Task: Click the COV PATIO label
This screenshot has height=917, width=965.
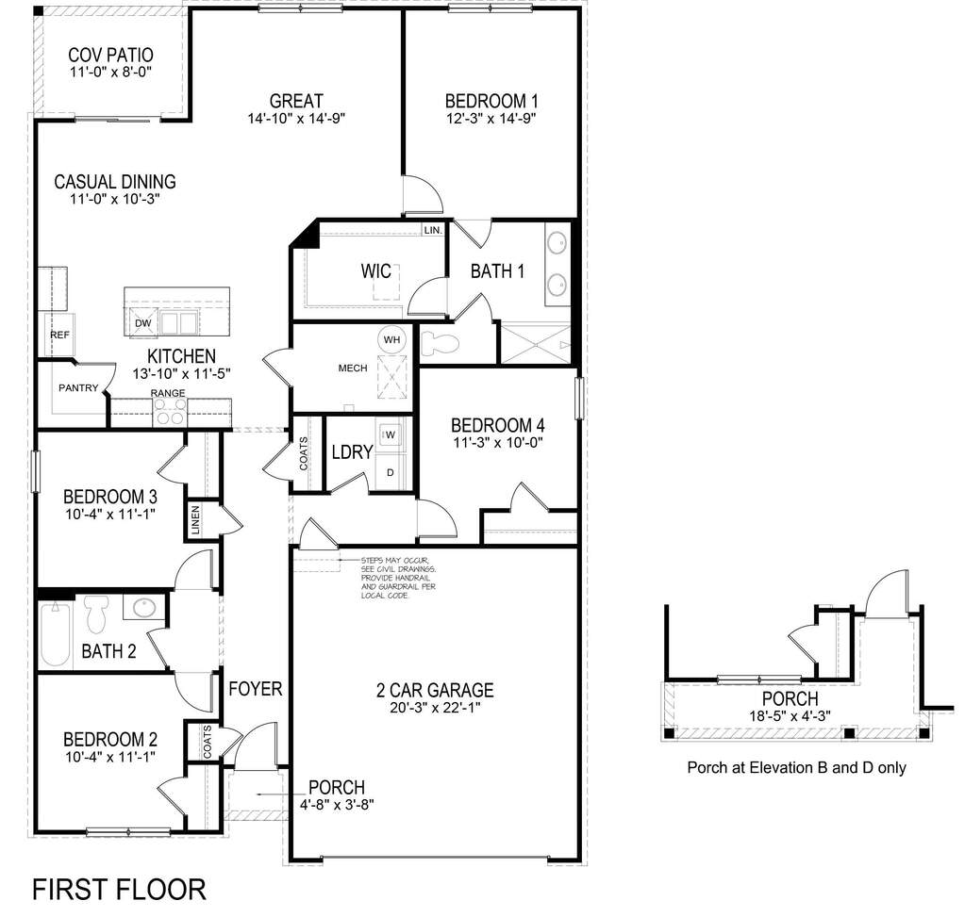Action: (110, 56)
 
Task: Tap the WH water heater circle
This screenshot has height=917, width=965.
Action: (391, 339)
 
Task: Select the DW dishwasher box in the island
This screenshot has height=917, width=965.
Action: (143, 322)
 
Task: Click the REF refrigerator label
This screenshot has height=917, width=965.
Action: (59, 336)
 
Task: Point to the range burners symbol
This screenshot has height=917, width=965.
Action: (170, 412)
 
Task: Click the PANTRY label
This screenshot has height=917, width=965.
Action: (78, 387)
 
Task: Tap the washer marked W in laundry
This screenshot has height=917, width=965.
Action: (391, 434)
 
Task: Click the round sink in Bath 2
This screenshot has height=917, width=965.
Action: (143, 608)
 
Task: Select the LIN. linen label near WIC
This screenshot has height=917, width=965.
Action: (433, 230)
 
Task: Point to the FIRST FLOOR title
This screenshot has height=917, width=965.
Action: (119, 889)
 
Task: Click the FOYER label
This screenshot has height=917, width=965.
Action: (255, 690)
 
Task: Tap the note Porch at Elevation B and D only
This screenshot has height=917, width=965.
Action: (796, 767)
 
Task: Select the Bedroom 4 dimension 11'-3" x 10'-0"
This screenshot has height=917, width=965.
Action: (497, 441)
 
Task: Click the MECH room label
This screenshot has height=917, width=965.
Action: (352, 368)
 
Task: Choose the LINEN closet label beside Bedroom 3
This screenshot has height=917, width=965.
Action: (195, 521)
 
